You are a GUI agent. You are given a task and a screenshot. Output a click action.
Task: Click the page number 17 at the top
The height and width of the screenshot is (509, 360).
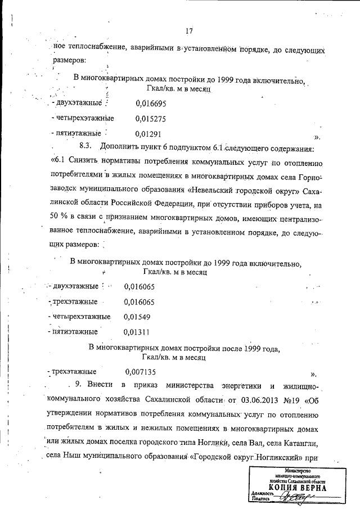(x=188, y=31)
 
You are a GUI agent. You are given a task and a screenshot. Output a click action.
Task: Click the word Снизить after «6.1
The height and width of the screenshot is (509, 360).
(x=84, y=163)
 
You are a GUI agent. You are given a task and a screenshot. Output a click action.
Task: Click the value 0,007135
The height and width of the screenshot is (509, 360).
(x=141, y=372)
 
